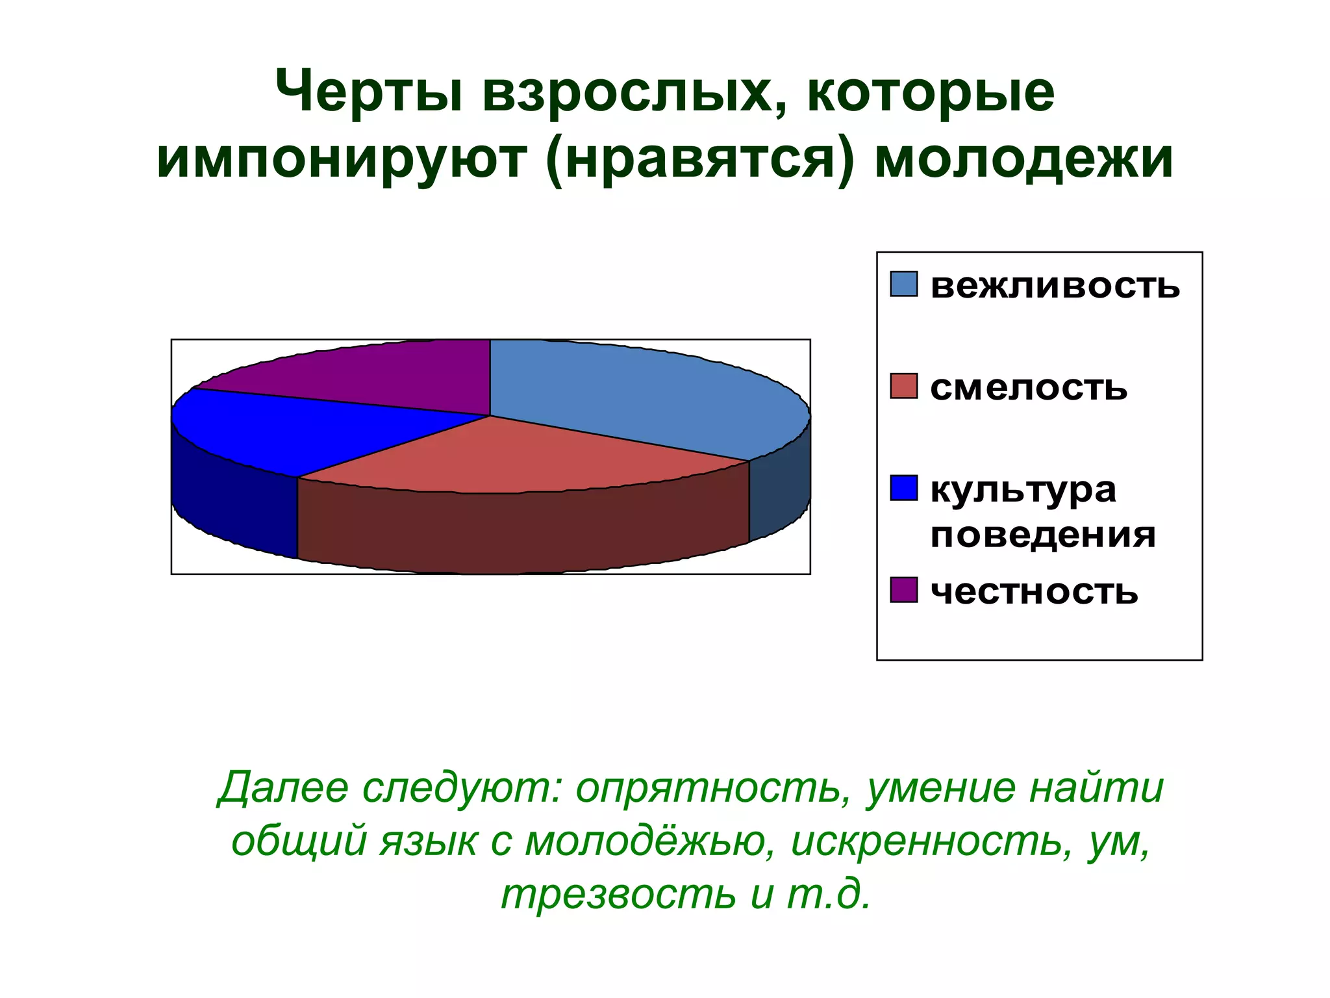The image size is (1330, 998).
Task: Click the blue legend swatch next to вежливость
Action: click(x=903, y=284)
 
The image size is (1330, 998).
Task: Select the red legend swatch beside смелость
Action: click(x=903, y=386)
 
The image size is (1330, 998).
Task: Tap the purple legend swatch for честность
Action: click(x=903, y=590)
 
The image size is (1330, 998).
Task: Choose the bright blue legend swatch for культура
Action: click(x=903, y=488)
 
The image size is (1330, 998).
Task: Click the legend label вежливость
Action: click(x=1055, y=286)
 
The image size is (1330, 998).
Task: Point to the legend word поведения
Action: click(x=1043, y=536)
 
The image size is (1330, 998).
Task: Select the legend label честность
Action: click(x=1034, y=592)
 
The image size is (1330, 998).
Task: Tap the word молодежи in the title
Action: click(x=1023, y=159)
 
